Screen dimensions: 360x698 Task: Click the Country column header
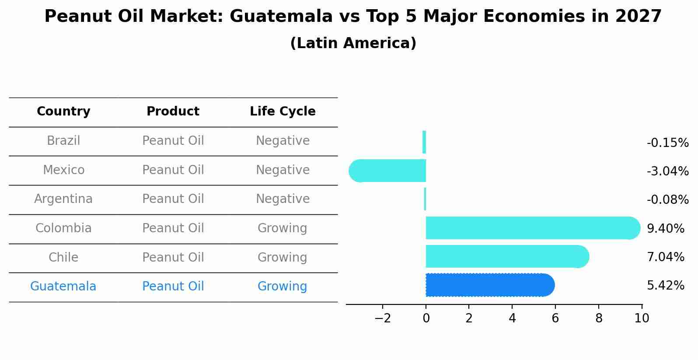click(63, 112)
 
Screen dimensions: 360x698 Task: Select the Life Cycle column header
click(283, 112)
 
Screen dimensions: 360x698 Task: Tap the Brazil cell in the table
click(63, 141)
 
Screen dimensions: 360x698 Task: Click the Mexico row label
click(63, 170)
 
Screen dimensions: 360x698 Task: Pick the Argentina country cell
click(63, 199)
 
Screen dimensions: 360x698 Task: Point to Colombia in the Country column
click(63, 228)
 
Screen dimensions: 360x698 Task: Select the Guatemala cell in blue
click(63, 287)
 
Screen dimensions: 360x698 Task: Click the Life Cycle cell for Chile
click(283, 257)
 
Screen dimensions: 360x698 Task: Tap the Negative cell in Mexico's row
click(283, 170)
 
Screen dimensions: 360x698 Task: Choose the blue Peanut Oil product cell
click(173, 287)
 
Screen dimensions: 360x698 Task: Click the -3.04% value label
click(667, 171)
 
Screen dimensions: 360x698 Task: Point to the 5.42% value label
click(665, 286)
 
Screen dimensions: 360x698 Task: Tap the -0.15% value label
click(667, 143)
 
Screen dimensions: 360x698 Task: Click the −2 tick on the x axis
click(382, 318)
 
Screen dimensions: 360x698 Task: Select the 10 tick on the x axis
click(642, 318)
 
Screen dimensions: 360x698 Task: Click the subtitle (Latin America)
click(353, 43)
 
